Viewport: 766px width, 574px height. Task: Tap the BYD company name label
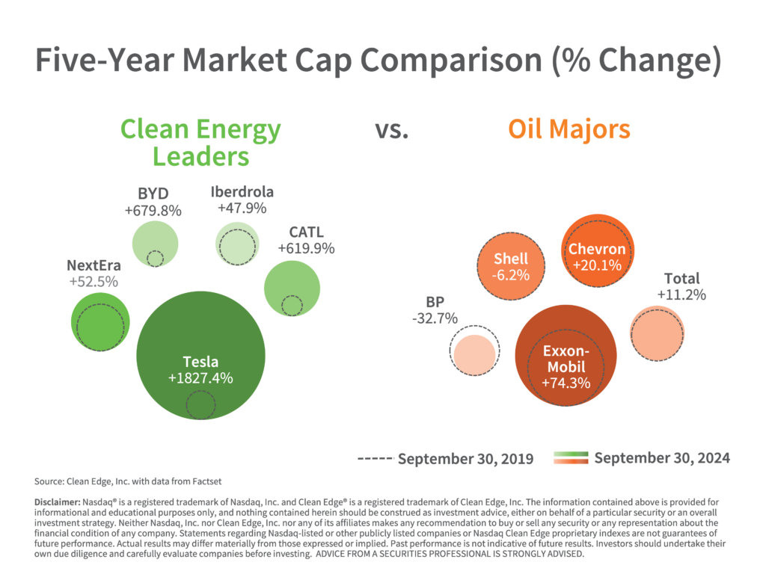[153, 195]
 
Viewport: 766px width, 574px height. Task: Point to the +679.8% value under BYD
[153, 211]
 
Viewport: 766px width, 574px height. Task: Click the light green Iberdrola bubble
[238, 243]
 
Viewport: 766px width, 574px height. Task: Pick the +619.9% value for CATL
[306, 247]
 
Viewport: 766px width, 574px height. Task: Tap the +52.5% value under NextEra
[94, 282]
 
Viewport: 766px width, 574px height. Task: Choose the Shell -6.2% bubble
[511, 267]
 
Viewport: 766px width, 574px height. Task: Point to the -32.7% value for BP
[435, 318]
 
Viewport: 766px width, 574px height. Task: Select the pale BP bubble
[475, 354]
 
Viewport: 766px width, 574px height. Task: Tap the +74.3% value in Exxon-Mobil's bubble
[566, 383]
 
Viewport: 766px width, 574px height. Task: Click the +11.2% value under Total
[681, 294]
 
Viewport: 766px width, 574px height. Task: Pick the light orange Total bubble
[658, 333]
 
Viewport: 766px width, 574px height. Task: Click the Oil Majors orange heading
[569, 129]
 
